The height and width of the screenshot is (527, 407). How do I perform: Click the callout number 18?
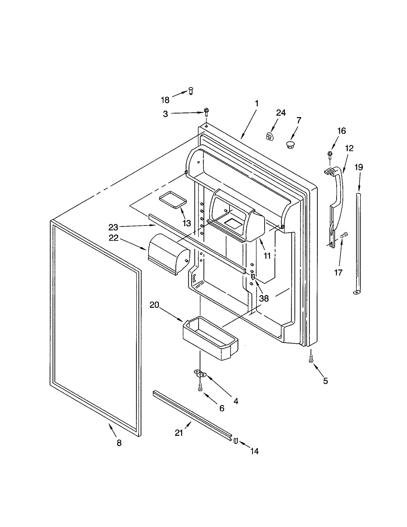[x=165, y=100]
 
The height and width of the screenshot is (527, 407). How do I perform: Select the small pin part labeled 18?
[x=191, y=91]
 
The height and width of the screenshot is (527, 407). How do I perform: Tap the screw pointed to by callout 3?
[x=206, y=112]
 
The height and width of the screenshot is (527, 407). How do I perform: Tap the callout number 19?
[x=359, y=167]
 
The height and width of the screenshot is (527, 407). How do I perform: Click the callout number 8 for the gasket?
[x=119, y=443]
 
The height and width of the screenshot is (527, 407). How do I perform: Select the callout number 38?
[x=264, y=298]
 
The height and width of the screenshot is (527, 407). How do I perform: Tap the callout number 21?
[x=179, y=433]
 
